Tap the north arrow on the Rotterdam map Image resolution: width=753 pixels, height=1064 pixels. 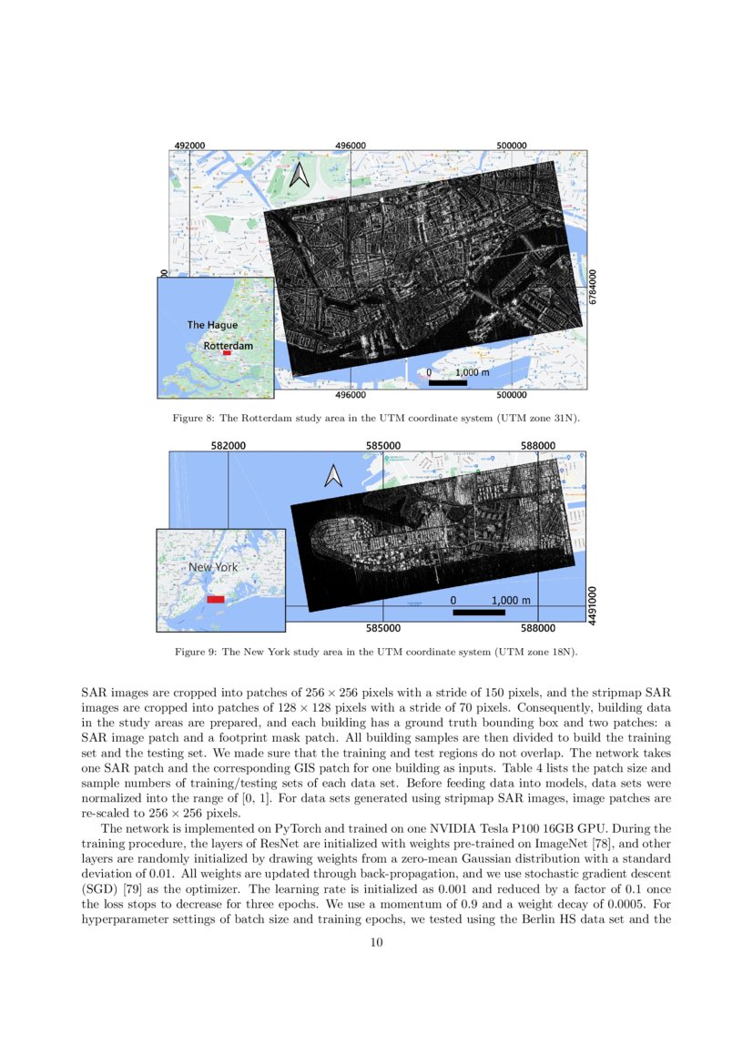pos(299,172)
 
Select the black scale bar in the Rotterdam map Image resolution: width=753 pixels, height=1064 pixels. pos(447,383)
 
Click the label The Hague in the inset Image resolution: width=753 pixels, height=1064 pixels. pos(212,325)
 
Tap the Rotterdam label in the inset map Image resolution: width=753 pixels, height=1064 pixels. pos(228,346)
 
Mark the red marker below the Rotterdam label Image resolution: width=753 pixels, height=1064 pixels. pos(227,353)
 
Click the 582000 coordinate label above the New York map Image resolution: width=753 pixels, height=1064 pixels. pos(228,445)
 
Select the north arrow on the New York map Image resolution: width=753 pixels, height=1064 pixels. pos(333,475)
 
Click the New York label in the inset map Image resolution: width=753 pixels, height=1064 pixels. pos(212,567)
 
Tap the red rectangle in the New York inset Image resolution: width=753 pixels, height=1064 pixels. pos(216,600)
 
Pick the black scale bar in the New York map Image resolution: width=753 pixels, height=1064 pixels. pos(479,613)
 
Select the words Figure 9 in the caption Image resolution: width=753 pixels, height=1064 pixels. pos(195,653)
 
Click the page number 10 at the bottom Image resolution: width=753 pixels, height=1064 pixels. pos(376,943)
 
